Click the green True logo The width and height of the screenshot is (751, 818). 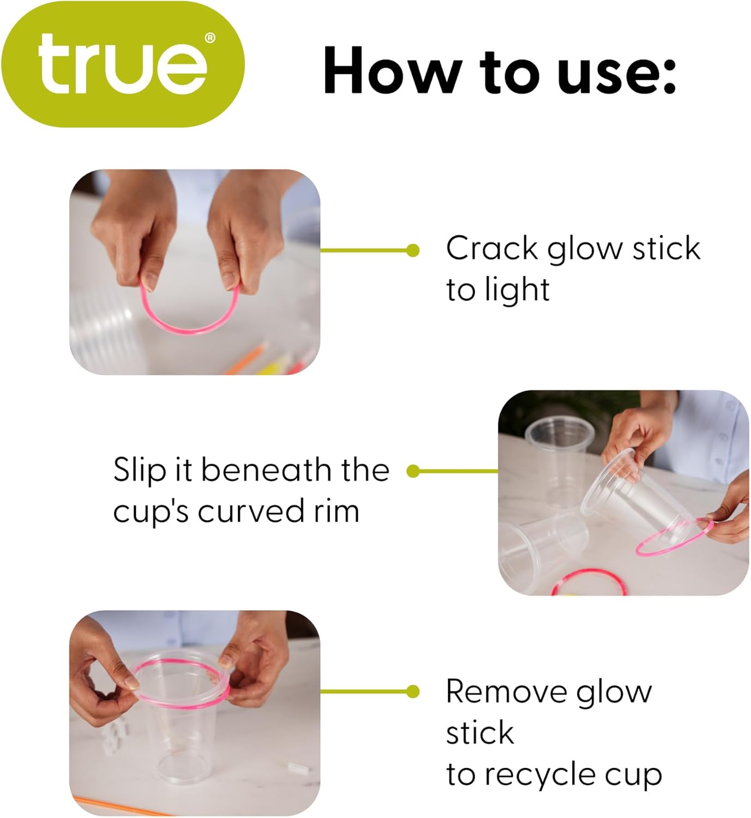(122, 64)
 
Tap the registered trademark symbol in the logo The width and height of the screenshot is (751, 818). (209, 38)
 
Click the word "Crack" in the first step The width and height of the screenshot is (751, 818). (492, 249)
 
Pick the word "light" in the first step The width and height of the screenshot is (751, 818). (516, 290)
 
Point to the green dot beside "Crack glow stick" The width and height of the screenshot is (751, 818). (413, 250)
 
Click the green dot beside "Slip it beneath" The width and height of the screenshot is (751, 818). (413, 471)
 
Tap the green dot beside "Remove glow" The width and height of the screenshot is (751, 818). (413, 691)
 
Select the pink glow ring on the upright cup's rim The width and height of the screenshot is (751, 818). (180, 662)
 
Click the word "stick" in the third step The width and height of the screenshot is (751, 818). (480, 733)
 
